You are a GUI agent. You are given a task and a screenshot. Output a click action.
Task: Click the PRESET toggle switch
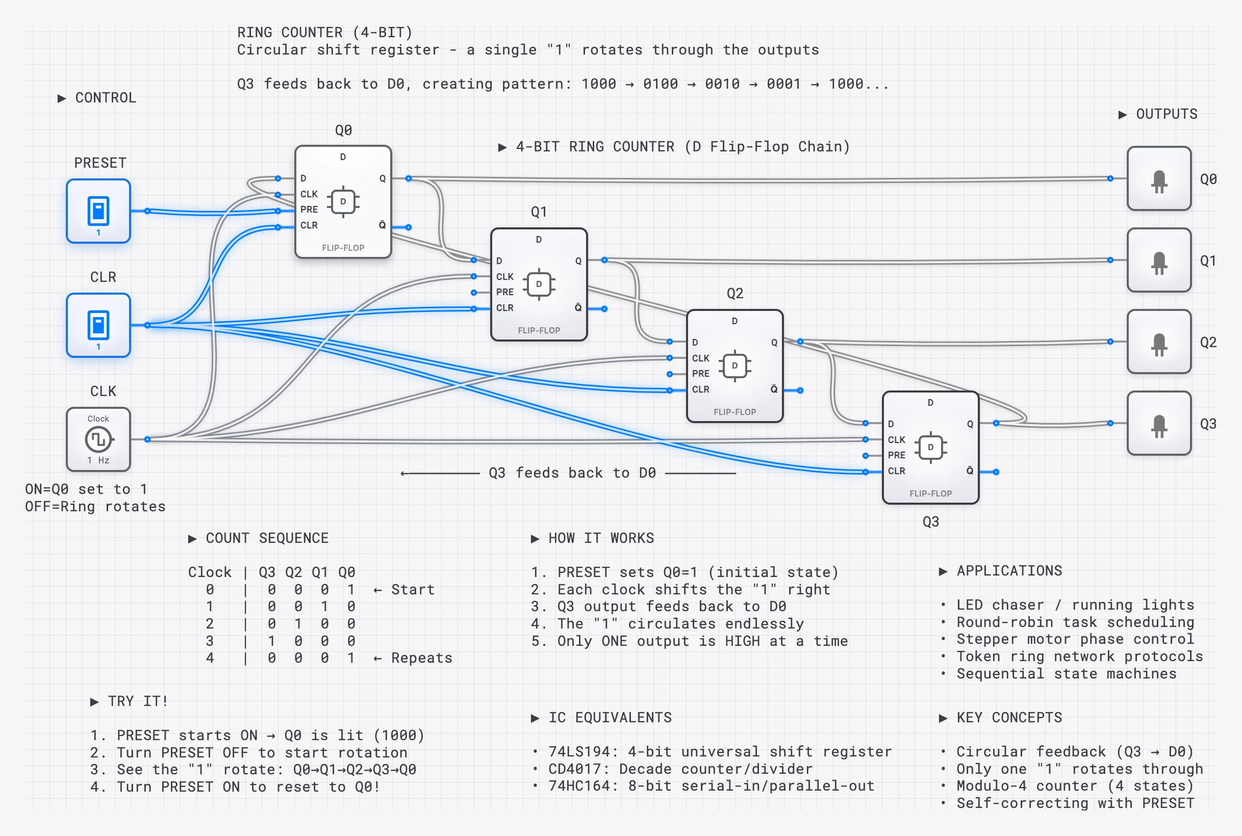[98, 211]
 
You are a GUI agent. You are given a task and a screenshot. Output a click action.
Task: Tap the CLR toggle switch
[98, 325]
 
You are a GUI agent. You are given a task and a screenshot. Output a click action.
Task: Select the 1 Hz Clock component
[98, 439]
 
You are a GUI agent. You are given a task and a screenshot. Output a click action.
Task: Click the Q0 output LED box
[1159, 179]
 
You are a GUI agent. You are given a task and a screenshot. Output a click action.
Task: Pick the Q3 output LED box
[1159, 423]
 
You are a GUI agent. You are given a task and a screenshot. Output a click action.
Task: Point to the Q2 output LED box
[1159, 342]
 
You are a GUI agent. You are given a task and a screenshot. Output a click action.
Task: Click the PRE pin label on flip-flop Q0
[309, 210]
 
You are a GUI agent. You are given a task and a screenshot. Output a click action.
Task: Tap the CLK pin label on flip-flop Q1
[504, 277]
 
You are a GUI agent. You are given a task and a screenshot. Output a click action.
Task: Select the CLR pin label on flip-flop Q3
[896, 471]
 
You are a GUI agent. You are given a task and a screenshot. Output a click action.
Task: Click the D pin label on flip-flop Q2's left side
[695, 342]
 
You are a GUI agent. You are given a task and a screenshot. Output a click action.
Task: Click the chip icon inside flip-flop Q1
[539, 284]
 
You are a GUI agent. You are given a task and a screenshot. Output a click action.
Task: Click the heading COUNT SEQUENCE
[267, 538]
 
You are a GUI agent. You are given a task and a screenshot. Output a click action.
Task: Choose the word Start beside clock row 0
[413, 590]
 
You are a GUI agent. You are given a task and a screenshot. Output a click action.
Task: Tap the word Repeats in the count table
[421, 658]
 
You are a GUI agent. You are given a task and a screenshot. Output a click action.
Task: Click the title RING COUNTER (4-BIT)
[324, 33]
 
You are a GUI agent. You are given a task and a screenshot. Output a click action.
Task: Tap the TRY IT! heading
[138, 701]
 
